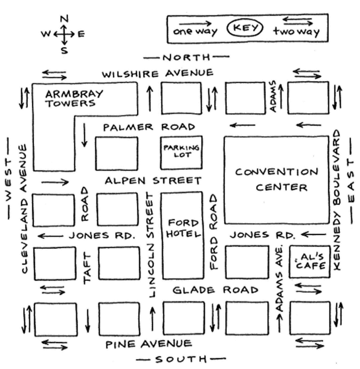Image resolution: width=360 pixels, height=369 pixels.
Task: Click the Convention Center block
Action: coord(276,179)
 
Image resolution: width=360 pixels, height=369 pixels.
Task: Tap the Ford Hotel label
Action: coord(184,228)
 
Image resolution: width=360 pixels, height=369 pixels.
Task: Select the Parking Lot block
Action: coord(181,152)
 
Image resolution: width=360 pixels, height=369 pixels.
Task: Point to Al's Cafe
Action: coord(310,262)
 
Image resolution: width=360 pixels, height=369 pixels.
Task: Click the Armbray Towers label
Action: coord(74,98)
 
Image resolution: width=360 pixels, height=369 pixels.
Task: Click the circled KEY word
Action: coord(245,28)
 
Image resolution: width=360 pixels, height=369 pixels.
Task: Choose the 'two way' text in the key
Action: coord(297,32)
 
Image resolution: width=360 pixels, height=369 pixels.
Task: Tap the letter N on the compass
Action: coord(64,19)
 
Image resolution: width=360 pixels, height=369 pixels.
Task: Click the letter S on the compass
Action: coord(64,50)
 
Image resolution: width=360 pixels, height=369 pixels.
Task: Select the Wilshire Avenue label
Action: coord(158,74)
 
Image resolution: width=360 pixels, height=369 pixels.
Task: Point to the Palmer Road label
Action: coord(149,127)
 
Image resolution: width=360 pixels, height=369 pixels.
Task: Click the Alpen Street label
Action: coord(153,181)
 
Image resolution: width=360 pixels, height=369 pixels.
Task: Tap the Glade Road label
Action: coord(215,290)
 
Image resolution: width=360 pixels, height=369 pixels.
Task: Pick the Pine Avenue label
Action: coord(149,344)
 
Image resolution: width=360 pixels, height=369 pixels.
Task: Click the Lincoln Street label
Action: coord(150,245)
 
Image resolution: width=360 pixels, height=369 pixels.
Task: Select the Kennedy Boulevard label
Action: coord(337,200)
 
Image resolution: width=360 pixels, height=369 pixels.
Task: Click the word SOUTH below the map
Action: coord(181,359)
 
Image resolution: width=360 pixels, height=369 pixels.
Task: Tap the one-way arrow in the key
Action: coord(195,23)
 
